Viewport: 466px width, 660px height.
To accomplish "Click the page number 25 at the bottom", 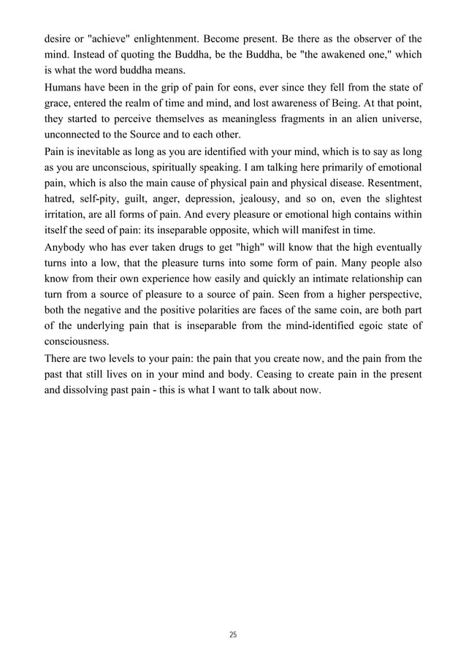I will click(x=232, y=635).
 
